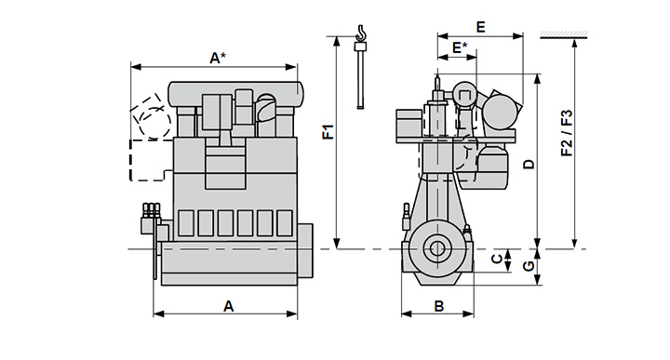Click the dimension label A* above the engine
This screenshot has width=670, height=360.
point(218,58)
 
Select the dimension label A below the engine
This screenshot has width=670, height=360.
point(229,306)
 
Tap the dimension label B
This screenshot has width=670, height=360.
point(439,306)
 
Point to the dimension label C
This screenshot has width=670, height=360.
point(497,259)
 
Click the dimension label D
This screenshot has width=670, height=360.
point(529,164)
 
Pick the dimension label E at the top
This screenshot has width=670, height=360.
point(481,27)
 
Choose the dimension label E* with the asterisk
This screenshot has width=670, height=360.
point(460,47)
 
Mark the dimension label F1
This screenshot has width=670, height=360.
point(328,132)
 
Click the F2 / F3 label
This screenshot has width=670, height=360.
point(567,133)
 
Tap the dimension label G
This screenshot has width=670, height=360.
point(529,266)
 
